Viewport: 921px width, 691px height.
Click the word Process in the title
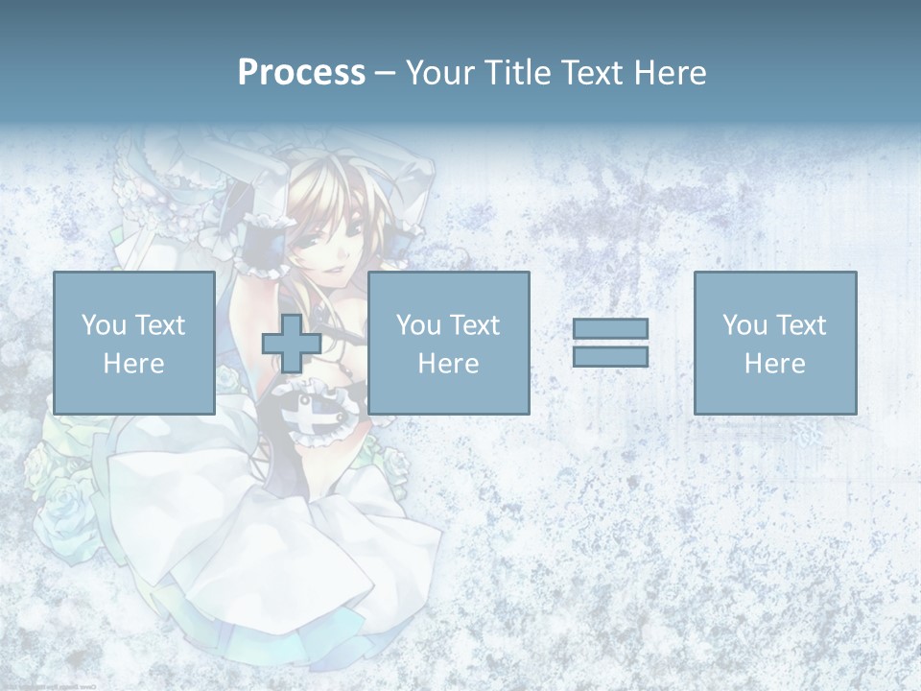coord(301,73)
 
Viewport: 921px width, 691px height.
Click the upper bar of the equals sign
coord(610,328)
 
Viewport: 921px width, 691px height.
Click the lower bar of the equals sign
coord(610,356)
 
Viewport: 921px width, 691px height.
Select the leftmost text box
coord(133,343)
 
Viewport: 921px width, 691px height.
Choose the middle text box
coord(448,343)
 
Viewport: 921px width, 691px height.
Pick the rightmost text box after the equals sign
coord(774,343)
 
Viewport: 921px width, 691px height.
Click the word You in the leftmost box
coord(103,325)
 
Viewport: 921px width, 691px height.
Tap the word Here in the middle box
coord(448,364)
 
